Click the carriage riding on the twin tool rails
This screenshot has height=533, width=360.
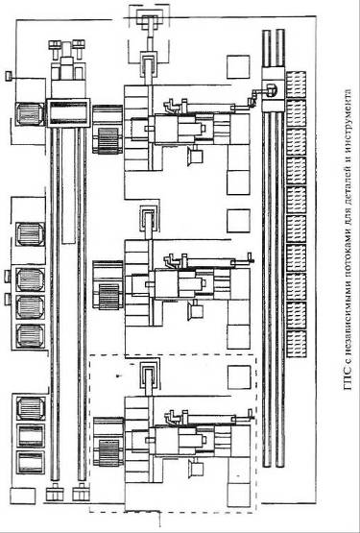point(273,89)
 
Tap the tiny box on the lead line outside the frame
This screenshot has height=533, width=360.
point(8,76)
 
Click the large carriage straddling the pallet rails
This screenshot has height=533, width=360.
point(68,113)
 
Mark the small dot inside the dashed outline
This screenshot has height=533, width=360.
point(118,376)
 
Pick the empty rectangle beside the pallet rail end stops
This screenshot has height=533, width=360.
point(23,496)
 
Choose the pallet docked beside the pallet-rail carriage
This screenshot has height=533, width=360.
point(30,114)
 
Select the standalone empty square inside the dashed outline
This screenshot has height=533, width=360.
point(239,377)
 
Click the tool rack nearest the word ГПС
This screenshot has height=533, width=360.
point(296,344)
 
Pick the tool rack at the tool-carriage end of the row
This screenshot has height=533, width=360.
point(296,85)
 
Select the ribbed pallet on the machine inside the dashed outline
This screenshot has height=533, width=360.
point(108,452)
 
